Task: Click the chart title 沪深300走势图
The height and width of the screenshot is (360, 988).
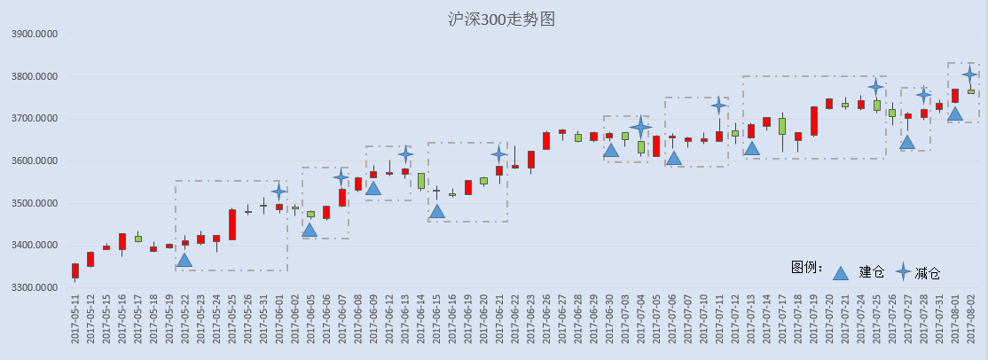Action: [501, 20]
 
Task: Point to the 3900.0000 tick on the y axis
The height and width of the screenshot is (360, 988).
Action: [35, 34]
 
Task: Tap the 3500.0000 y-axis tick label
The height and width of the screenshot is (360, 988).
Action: [35, 204]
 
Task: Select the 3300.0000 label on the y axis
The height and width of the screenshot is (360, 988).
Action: [35, 288]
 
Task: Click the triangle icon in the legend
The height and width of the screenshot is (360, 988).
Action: [841, 272]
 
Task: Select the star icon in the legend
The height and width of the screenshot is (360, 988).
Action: [904, 271]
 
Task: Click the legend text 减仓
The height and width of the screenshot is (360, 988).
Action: [928, 273]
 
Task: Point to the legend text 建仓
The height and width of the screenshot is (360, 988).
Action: [872, 272]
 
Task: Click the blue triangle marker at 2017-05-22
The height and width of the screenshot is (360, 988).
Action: [184, 260]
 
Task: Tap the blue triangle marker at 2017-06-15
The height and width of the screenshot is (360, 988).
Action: [436, 211]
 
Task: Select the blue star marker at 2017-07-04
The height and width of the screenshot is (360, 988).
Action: [641, 128]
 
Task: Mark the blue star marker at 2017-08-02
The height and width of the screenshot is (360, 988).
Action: [971, 74]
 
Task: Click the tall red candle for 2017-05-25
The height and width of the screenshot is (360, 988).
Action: [231, 224]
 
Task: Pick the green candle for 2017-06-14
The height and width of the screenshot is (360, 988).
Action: [421, 180]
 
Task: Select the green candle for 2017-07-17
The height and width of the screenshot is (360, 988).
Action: [782, 126]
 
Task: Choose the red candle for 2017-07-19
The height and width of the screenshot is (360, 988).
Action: [813, 121]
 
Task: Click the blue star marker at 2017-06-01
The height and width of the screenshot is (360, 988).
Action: [279, 192]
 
